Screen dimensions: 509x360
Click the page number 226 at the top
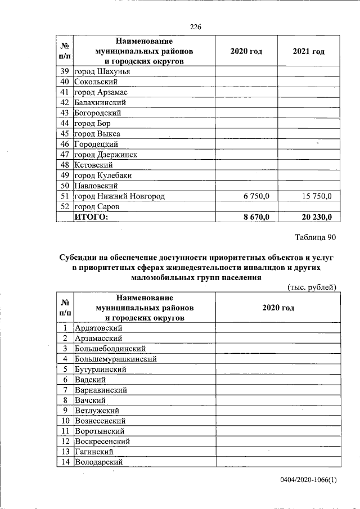point(196,27)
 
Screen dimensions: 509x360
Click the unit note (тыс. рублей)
point(312,287)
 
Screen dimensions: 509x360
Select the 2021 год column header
point(308,52)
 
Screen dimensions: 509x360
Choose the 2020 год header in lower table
point(278,308)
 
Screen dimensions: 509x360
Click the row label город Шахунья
point(103,72)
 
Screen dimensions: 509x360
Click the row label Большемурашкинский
point(115,359)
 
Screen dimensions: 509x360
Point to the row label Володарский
point(99,462)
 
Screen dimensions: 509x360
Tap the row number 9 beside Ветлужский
point(65,411)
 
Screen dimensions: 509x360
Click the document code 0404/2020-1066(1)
point(309,480)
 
